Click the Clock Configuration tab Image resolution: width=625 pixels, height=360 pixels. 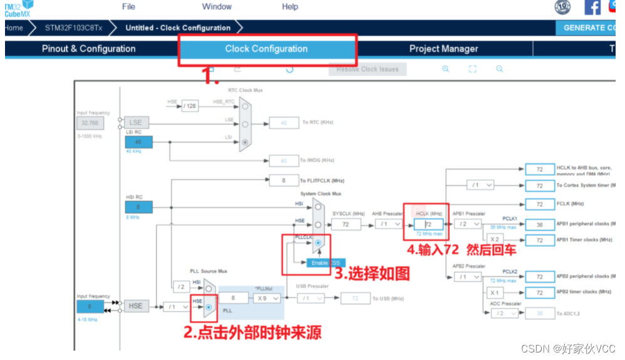click(266, 49)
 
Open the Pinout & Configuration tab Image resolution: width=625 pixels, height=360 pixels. click(88, 49)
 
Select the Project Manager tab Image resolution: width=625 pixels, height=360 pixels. click(443, 49)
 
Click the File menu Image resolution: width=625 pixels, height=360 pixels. click(128, 7)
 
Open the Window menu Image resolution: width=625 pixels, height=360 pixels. click(217, 7)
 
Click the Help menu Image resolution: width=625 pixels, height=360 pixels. click(290, 7)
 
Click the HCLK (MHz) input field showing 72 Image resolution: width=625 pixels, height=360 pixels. click(428, 224)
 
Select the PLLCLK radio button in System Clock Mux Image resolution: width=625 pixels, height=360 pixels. click(319, 242)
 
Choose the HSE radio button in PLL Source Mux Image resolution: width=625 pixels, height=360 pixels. click(209, 307)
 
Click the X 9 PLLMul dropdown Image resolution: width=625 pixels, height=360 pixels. click(267, 299)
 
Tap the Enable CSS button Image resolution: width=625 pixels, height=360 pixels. click(326, 263)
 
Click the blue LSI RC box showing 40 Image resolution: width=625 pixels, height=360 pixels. click(138, 142)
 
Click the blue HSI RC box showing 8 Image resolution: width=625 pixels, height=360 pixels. click(138, 207)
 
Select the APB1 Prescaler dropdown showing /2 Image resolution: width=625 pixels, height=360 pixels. click(468, 224)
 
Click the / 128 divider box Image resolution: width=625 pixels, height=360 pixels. click(190, 106)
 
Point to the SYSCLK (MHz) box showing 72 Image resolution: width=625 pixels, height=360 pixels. click(346, 224)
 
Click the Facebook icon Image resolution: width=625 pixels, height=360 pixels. click(592, 8)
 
